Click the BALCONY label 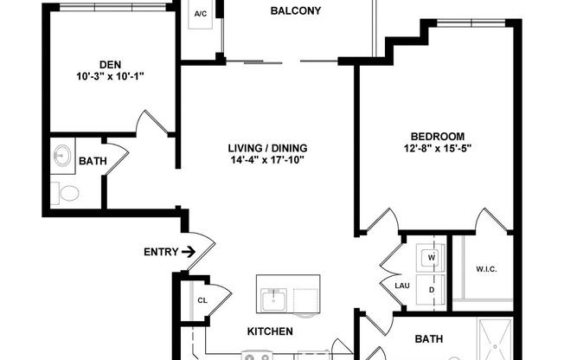pos(296,11)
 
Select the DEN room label pos(110,63)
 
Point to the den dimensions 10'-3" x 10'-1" pos(110,76)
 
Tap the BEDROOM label pos(437,136)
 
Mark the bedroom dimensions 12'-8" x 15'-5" pos(437,148)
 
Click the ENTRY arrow pos(187,253)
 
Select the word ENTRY pos(159,253)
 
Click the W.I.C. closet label pos(486,267)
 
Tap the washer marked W pos(430,257)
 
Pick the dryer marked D pos(430,291)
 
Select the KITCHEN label pos(270,331)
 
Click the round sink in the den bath pos(62,157)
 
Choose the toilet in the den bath pos(66,192)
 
